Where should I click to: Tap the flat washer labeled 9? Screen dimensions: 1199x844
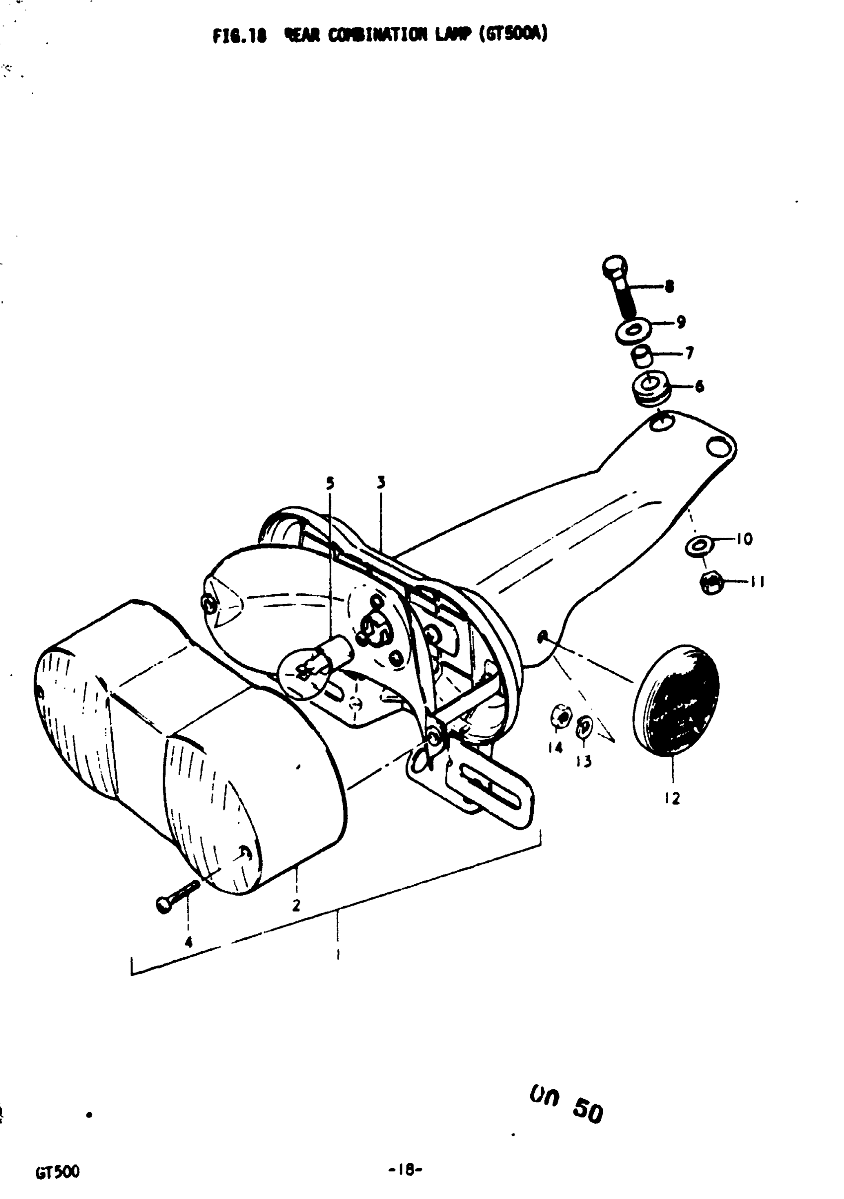(633, 331)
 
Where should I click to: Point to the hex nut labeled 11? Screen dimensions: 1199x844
(711, 583)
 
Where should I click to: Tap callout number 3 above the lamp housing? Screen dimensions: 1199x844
(381, 482)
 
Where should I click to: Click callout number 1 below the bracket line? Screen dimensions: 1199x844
(338, 954)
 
